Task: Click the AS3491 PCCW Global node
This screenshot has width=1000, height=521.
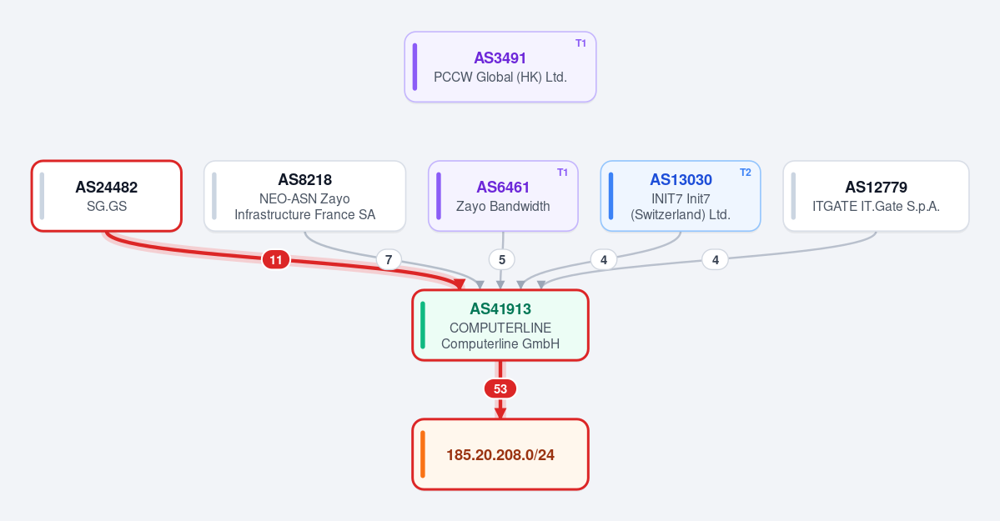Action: (x=500, y=67)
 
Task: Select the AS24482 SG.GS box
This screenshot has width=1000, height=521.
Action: (x=107, y=196)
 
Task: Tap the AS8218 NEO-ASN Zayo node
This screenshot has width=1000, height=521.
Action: (x=305, y=196)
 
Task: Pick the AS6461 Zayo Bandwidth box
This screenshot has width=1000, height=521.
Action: (x=503, y=196)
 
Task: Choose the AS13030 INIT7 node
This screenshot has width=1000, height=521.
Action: (x=681, y=196)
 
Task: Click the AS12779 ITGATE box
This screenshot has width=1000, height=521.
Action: (x=876, y=196)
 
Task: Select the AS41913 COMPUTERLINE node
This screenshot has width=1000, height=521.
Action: (x=500, y=325)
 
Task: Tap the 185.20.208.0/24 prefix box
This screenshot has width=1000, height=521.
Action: (x=500, y=454)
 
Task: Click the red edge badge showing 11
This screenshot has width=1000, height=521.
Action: (x=275, y=259)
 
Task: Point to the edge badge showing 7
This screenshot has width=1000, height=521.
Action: (x=389, y=259)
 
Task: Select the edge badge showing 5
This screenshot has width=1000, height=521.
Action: (x=502, y=259)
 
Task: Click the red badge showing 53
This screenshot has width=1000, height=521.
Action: (x=500, y=388)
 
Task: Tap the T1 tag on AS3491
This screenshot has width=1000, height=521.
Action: (x=580, y=43)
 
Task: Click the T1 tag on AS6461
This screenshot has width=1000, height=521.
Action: (x=562, y=173)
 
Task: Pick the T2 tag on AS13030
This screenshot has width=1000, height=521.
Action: (x=745, y=173)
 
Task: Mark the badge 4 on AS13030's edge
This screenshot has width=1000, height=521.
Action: (x=603, y=259)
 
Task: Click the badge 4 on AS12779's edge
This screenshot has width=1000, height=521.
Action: (x=715, y=259)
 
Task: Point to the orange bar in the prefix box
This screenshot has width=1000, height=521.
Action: (x=423, y=454)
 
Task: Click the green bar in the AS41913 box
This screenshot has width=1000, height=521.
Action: (x=423, y=325)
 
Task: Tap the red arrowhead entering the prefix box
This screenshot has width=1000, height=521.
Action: (x=500, y=413)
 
